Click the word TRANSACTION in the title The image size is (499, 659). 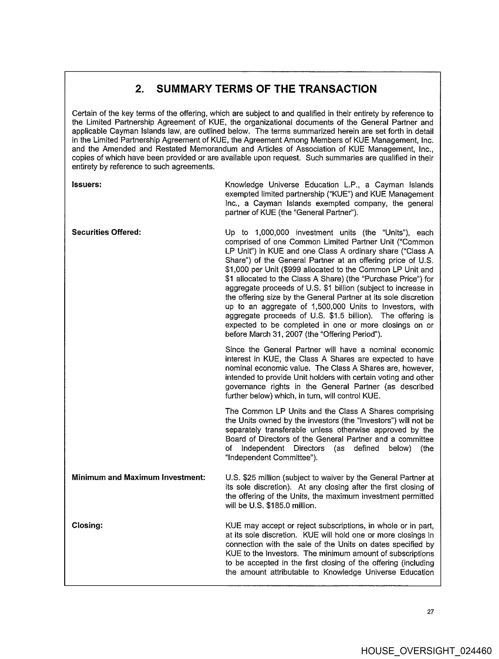(x=338, y=89)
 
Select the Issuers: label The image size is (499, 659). (x=87, y=185)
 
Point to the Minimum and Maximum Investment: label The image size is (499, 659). (x=139, y=477)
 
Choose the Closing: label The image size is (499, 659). (x=87, y=525)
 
